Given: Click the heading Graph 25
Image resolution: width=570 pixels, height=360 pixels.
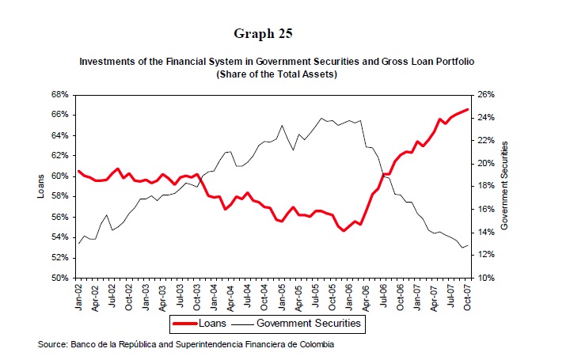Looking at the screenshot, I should (263, 33).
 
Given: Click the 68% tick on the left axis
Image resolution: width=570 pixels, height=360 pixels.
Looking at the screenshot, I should (59, 94).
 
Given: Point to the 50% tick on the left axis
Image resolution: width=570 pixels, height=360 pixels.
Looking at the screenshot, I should (59, 279).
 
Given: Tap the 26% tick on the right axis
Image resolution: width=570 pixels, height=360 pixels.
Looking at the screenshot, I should (487, 94).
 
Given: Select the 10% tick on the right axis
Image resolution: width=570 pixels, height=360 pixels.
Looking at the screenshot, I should (487, 279).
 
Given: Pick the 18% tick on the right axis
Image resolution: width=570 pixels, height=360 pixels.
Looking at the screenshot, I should (487, 187).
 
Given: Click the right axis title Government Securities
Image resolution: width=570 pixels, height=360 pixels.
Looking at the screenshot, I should (504, 187).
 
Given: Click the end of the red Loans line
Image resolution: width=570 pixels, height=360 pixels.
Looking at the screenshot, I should (468, 109).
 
